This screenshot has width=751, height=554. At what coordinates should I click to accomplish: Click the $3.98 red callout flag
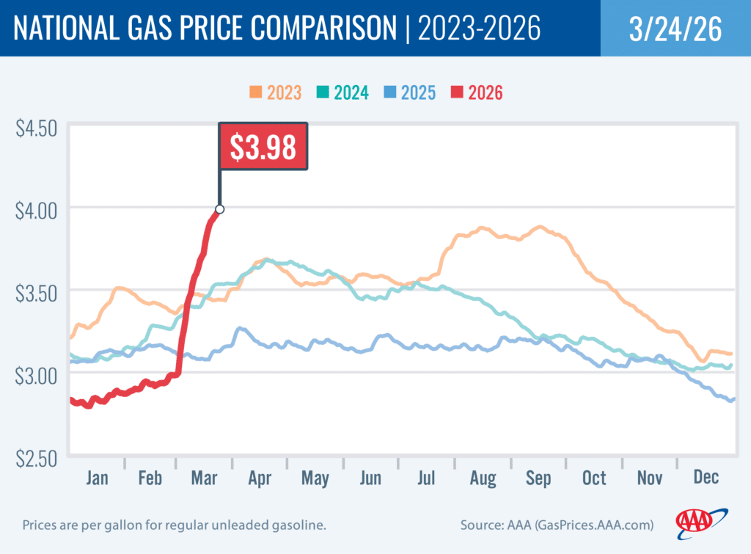click(263, 146)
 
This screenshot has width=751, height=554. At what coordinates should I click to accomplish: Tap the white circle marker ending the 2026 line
click(219, 209)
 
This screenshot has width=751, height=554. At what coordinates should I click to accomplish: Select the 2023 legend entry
click(276, 92)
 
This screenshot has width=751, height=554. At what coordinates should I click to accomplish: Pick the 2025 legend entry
click(409, 92)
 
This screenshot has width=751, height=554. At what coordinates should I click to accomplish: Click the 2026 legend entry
click(475, 92)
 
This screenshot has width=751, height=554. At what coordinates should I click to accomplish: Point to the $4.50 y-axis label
click(36, 128)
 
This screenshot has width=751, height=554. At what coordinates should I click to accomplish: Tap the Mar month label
click(204, 478)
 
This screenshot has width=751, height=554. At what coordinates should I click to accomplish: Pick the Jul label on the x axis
click(426, 478)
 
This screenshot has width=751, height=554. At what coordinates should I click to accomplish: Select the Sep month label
click(538, 478)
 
